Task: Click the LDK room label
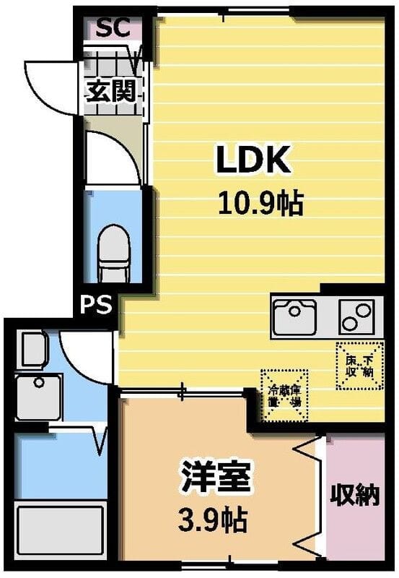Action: [x=253, y=160]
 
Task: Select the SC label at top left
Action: [x=113, y=28]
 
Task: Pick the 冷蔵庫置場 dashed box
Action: [x=284, y=395]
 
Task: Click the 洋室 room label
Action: [x=216, y=478]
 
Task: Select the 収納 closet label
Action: [x=354, y=496]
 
